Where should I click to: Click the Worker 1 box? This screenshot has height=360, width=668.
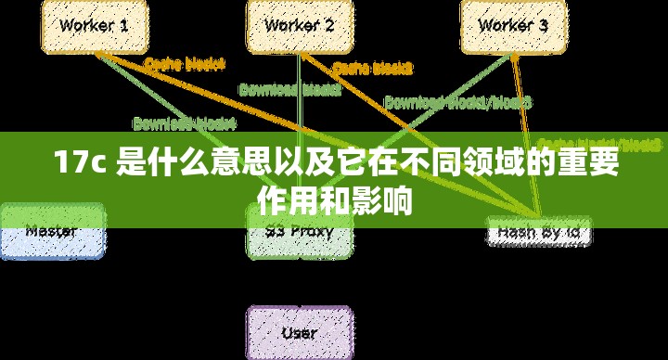94,27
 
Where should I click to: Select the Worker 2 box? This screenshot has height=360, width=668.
299,27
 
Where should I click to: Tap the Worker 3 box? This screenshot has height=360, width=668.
513,27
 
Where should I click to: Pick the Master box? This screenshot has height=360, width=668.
52,232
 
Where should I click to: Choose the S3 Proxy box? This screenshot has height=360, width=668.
299,232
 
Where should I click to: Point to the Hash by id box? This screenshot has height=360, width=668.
539,233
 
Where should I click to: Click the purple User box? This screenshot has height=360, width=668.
299,333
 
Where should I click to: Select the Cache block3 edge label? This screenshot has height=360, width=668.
372,68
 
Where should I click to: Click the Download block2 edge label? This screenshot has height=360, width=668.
290,90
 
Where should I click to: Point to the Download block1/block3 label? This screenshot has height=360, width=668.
457,101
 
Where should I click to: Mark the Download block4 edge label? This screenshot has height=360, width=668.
184,122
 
